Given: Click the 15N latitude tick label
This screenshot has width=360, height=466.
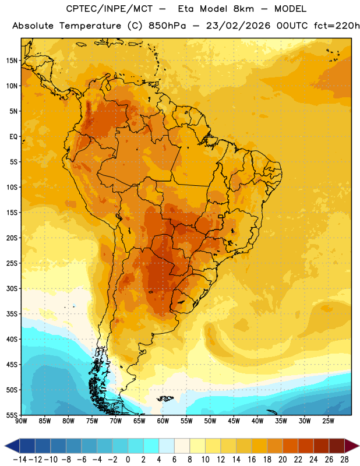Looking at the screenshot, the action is click(12, 61).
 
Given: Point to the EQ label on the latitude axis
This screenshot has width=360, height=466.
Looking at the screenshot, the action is click(13, 137).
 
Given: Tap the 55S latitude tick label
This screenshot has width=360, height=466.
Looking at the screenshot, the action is click(12, 415).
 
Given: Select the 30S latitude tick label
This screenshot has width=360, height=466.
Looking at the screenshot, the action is click(12, 288).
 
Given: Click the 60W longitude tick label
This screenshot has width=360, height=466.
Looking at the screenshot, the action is click(163, 421).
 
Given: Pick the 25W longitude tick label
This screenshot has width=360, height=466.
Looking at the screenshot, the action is click(328, 421).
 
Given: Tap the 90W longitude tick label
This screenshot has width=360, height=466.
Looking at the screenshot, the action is click(21, 421).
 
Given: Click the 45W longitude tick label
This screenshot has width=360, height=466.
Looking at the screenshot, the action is click(234, 421).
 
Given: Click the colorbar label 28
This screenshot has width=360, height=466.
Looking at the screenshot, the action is click(344, 460).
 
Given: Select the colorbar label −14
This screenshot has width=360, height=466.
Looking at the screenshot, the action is click(20, 460).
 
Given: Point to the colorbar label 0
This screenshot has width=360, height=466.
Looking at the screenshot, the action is click(128, 460).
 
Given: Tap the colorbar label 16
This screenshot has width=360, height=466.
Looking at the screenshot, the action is click(252, 460).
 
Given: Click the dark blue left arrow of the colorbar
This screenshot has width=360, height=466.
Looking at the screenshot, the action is click(12, 446).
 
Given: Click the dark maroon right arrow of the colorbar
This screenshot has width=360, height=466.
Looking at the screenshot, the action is click(352, 446).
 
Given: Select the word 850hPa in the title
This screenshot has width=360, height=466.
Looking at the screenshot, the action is click(167, 26).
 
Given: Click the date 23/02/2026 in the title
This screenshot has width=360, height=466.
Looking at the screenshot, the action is click(238, 26).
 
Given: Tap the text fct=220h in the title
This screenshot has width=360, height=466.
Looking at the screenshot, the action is click(337, 26).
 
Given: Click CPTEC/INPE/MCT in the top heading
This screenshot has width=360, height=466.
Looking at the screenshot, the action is click(109, 9).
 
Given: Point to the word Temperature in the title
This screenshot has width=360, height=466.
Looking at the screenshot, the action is click(90, 26).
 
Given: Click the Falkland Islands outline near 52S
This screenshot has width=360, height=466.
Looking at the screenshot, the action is click(165, 398).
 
